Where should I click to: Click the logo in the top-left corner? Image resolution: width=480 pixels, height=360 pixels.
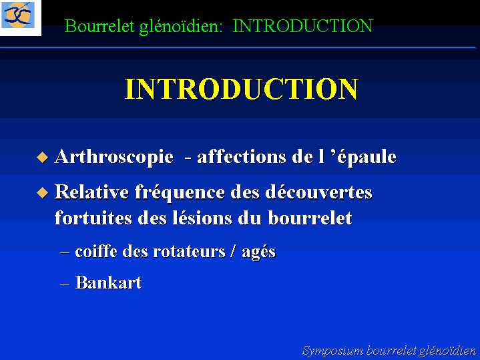coord(19,15)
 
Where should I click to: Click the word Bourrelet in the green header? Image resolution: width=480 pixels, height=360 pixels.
coord(99,26)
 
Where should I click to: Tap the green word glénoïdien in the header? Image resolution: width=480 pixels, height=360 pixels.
coord(181,27)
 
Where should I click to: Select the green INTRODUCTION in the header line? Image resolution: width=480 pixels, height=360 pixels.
coord(303,26)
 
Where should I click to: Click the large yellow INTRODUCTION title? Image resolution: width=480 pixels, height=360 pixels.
coord(242,89)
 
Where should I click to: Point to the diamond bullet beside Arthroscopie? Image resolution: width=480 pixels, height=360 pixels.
coord(42,158)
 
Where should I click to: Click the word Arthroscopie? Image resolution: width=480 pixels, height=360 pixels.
coord(114,158)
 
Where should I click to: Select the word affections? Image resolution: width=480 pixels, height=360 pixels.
coord(242,156)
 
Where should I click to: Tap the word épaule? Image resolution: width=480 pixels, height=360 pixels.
coord(367,158)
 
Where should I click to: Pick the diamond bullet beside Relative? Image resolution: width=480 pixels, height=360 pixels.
coord(42,193)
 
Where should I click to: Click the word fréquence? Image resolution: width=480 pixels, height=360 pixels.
coord(180,193)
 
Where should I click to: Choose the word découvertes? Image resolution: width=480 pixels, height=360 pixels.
coord(318,192)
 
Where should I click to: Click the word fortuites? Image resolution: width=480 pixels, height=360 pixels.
coord(93,218)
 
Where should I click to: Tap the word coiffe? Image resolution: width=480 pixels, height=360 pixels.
coord(96,252)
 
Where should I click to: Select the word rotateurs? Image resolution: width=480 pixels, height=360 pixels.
coord(189,252)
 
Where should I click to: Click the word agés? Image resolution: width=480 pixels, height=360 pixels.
coord(258,252)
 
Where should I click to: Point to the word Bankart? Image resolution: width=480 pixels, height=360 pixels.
coord(108,282)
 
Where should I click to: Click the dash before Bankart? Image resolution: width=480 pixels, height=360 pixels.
coord(65,284)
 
